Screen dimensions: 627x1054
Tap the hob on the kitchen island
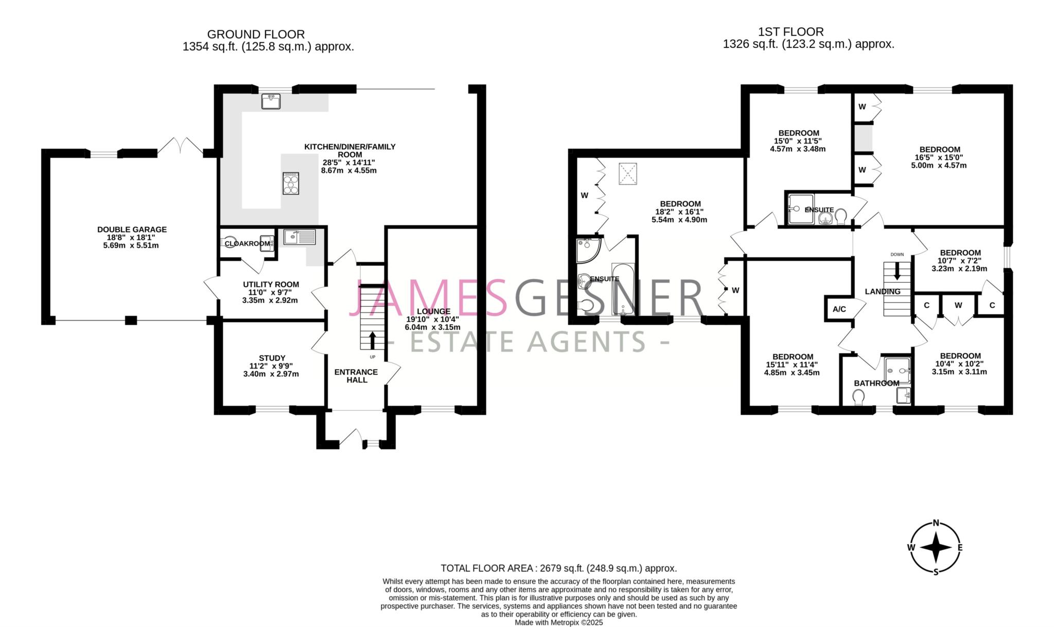[x=290, y=183]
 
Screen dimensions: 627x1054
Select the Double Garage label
[x=132, y=230]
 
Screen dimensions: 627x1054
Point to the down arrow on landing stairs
[x=898, y=271]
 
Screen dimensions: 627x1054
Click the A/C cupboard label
[x=839, y=309]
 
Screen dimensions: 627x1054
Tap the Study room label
[x=272, y=358]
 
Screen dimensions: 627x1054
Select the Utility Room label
[x=271, y=284]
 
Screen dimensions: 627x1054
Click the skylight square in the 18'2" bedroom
[x=627, y=173]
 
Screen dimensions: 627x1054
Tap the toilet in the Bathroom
[x=858, y=397]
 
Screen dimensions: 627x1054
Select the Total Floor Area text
[x=558, y=568]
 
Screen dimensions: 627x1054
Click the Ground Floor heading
[x=256, y=34]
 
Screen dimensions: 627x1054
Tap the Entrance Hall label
[x=356, y=376]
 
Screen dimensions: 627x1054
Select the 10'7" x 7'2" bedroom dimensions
[x=959, y=261]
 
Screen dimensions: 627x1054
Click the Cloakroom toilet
[x=230, y=243]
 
